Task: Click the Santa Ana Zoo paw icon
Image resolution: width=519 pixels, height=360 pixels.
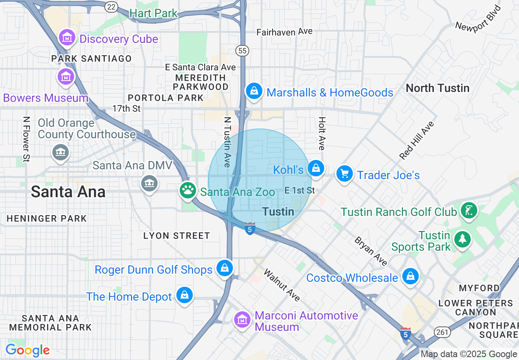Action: (188, 190)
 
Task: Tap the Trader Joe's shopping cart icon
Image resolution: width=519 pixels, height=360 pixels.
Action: (344, 174)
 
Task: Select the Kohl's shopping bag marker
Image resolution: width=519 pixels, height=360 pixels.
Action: (316, 168)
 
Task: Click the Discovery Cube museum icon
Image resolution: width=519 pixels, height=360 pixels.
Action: (67, 38)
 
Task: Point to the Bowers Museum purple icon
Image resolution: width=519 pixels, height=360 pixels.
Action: (66, 76)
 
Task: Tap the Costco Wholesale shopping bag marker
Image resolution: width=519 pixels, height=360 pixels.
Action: (410, 277)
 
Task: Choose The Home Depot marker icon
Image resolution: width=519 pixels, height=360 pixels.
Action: (185, 295)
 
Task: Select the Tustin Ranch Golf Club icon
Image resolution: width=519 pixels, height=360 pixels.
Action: (469, 211)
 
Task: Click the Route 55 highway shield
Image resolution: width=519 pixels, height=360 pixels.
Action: (242, 50)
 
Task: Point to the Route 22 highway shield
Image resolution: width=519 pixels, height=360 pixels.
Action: (111, 6)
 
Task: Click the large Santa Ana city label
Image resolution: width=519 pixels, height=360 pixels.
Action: (68, 192)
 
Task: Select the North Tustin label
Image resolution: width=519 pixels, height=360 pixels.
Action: (437, 88)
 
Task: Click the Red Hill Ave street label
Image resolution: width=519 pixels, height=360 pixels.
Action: (416, 140)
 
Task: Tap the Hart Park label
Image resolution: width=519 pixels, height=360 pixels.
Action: (153, 13)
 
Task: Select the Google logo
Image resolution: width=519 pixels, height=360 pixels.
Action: (27, 350)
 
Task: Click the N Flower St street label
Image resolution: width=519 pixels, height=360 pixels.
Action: (27, 139)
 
